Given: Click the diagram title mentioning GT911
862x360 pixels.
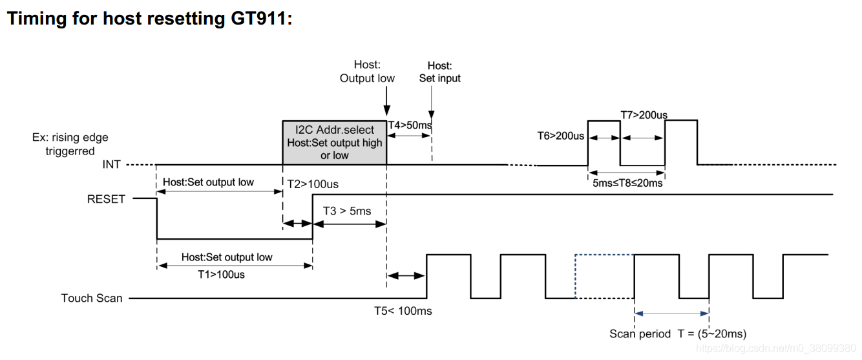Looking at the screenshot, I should tap(149, 18).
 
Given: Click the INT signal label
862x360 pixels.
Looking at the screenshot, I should tap(111, 165).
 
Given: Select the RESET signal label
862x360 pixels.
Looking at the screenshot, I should tap(106, 199).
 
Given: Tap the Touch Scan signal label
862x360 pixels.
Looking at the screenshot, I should tap(92, 298).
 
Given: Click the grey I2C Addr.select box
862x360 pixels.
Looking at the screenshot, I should tap(334, 143).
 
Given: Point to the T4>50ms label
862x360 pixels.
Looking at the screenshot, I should tap(410, 124).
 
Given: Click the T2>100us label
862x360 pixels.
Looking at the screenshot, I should tap(313, 184).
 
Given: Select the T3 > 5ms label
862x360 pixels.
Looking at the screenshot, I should tap(348, 211).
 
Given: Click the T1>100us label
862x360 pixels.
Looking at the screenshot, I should tap(221, 274).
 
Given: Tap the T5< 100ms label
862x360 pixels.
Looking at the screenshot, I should tap(403, 311).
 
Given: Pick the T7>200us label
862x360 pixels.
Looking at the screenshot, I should tap(644, 115).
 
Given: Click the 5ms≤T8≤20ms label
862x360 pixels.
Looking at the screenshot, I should tap(627, 183).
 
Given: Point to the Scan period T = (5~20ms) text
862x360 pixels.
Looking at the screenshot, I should tap(678, 334).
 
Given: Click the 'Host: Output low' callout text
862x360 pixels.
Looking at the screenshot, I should tap(367, 71).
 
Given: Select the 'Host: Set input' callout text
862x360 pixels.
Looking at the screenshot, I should tap(439, 72).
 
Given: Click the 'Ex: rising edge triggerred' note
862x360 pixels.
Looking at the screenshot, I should tap(70, 144).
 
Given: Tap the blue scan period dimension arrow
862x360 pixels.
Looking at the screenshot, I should tap(672, 313).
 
